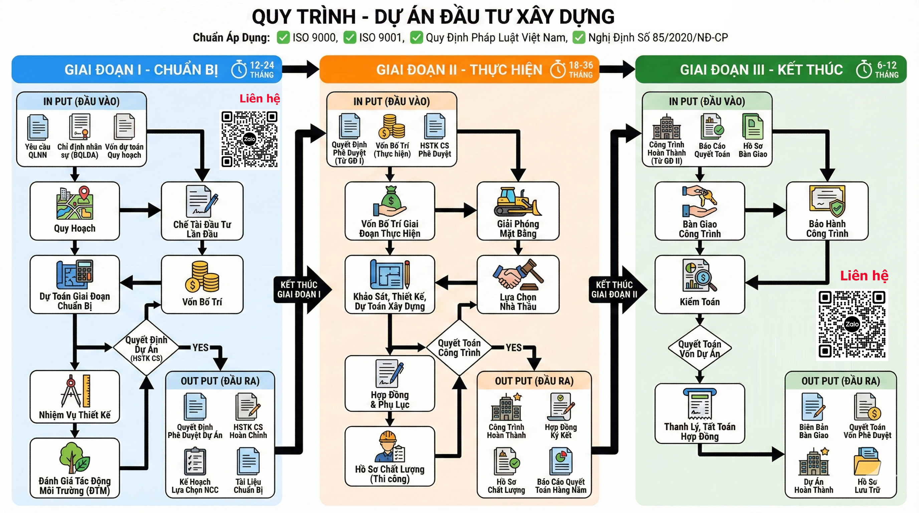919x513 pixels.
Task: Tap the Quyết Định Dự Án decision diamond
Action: coord(146,348)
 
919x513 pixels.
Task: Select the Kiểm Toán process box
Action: coord(700,284)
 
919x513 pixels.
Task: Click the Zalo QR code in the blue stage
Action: coord(249,139)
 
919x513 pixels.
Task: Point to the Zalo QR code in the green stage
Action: coord(852,324)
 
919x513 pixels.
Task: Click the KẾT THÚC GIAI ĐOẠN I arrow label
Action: coord(299,289)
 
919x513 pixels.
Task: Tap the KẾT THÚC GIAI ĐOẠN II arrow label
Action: coord(614,289)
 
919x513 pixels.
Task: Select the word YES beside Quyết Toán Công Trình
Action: coord(513,347)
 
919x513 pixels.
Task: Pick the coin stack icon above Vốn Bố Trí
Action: coord(202,277)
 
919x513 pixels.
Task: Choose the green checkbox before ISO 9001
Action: coord(350,37)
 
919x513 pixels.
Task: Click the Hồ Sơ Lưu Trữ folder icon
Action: coord(867,461)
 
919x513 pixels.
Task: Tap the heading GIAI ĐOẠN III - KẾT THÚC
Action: coord(761,69)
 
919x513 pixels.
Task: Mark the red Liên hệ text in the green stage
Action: coord(864,276)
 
